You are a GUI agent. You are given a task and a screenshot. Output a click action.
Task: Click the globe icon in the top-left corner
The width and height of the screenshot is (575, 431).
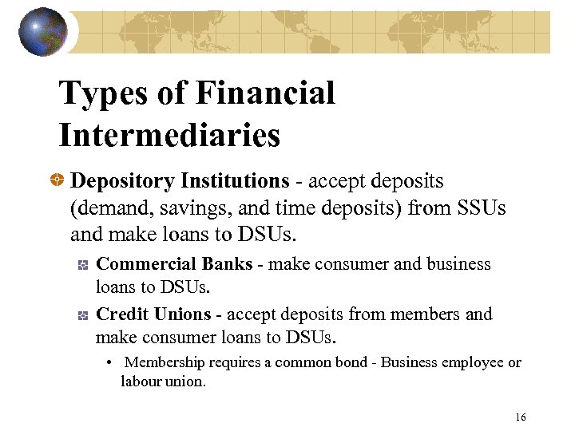pyautogui.click(x=43, y=32)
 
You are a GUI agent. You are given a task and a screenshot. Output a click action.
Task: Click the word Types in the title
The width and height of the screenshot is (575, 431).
pyautogui.click(x=103, y=93)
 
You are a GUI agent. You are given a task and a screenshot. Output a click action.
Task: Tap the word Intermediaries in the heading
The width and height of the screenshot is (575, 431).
pyautogui.click(x=169, y=134)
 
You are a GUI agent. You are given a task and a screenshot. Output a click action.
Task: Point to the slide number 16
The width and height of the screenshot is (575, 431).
pyautogui.click(x=521, y=417)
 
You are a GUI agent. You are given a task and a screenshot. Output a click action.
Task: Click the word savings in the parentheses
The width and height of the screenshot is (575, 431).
pyautogui.click(x=172, y=210)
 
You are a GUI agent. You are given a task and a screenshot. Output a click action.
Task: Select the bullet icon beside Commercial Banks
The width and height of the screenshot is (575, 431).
pyautogui.click(x=82, y=266)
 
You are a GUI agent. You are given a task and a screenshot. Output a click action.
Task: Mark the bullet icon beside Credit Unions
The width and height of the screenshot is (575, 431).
pyautogui.click(x=82, y=317)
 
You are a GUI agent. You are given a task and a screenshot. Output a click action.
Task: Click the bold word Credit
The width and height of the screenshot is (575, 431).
pyautogui.click(x=120, y=315)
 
